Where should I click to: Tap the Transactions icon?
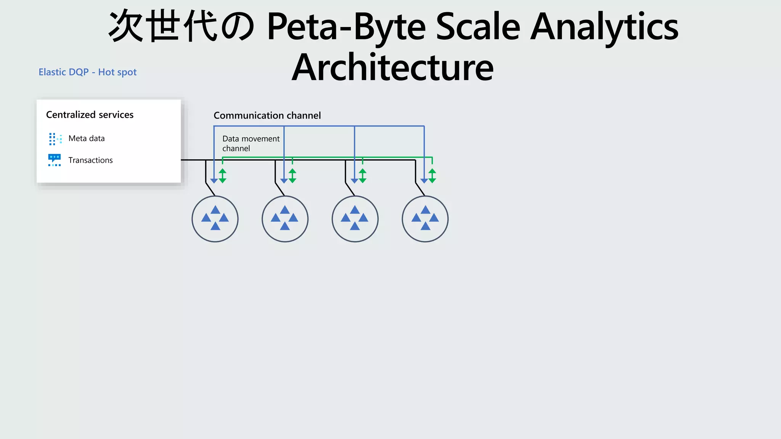coord(55,160)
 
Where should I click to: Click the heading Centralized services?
coord(90,115)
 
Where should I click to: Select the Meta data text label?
coord(87,138)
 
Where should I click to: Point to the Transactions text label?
coord(90,160)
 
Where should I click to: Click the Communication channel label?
coord(267,115)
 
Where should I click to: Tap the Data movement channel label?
coord(251,144)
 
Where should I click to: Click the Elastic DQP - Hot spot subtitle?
coord(87,72)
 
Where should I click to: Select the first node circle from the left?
coord(215,219)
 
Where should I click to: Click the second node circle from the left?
coord(285,219)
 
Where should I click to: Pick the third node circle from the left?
coord(355,219)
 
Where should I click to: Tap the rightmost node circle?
coord(425,219)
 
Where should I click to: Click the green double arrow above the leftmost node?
coord(223,176)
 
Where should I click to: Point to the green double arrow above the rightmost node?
coord(432,176)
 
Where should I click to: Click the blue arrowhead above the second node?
coord(284,181)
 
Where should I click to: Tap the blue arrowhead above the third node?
coord(354,181)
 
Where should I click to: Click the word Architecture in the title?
coord(392,68)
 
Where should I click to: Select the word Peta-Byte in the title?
coord(346,27)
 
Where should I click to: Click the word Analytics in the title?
coord(604,27)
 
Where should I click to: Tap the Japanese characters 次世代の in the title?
coord(182,27)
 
